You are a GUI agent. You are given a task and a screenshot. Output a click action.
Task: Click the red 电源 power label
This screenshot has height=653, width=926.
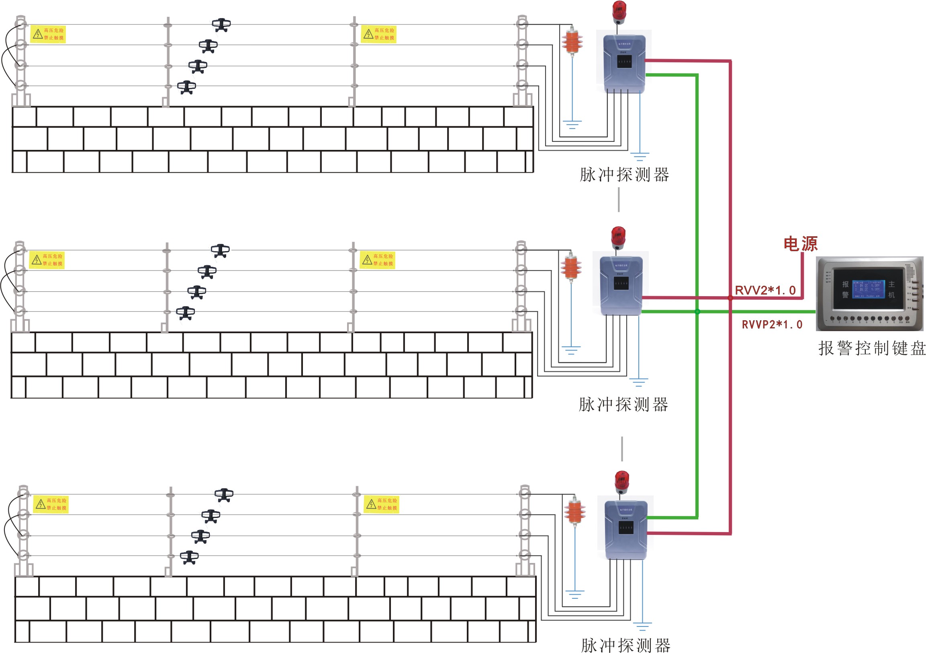tap(800, 244)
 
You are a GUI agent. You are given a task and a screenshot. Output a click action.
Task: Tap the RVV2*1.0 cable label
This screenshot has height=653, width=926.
tap(765, 290)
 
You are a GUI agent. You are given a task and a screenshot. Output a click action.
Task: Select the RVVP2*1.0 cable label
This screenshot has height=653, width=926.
tap(772, 324)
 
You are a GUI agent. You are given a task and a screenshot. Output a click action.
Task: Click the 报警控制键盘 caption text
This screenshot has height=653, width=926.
tap(871, 348)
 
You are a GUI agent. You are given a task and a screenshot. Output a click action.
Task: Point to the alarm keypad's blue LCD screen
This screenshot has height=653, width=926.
tap(868, 289)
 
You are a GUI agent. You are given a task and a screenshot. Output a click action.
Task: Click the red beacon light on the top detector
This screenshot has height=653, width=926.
tap(619, 12)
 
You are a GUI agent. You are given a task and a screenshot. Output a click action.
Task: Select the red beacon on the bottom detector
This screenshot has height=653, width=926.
tap(621, 481)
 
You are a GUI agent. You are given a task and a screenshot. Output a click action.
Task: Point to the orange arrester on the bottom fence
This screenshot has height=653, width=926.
tap(575, 512)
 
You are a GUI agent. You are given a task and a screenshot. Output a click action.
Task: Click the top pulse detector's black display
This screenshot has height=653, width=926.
tap(624, 62)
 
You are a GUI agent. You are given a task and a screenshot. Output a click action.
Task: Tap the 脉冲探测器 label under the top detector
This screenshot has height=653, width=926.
tap(624, 175)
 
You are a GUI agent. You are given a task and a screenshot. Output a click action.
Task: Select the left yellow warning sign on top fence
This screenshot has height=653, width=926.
tap(48, 34)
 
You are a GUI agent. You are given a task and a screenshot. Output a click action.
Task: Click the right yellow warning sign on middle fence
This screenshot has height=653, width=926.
tap(378, 260)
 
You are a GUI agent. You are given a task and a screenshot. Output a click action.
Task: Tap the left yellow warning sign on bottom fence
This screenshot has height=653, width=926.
tap(51, 504)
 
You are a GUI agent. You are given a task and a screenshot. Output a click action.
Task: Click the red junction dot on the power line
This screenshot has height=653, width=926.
tap(730, 298)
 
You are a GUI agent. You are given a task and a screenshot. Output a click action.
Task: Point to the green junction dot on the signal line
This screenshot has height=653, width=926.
tap(697, 311)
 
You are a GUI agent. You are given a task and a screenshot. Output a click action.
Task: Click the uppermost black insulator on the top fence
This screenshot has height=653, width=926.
tap(221, 25)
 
